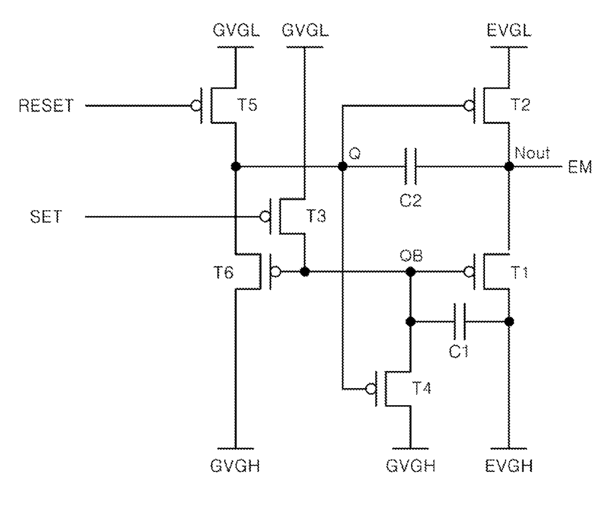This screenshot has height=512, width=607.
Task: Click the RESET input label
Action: click(46, 105)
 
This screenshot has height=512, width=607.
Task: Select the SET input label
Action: click(46, 217)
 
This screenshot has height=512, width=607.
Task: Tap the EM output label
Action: click(580, 167)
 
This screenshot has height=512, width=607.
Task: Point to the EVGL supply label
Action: click(509, 30)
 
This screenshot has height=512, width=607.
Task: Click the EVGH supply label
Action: click(509, 466)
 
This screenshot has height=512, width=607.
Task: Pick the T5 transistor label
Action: click(247, 105)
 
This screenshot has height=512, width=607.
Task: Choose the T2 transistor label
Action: click(520, 105)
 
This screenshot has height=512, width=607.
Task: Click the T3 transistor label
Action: click(316, 216)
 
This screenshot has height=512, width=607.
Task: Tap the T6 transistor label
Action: click(223, 273)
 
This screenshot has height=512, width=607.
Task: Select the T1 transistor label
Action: click(519, 273)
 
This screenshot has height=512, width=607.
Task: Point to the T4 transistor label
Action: click(421, 388)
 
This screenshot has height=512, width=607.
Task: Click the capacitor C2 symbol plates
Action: click(411, 167)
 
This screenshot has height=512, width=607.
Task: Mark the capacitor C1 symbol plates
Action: click(460, 321)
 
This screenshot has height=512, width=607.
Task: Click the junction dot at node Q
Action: click(343, 167)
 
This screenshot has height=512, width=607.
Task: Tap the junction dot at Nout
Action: click(509, 167)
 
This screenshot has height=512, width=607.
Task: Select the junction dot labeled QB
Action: click(411, 272)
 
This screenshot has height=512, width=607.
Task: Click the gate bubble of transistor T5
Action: click(196, 105)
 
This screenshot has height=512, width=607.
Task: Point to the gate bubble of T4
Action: click(371, 389)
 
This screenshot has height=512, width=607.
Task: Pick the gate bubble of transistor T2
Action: click(469, 105)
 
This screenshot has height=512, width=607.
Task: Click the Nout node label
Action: click(532, 153)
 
